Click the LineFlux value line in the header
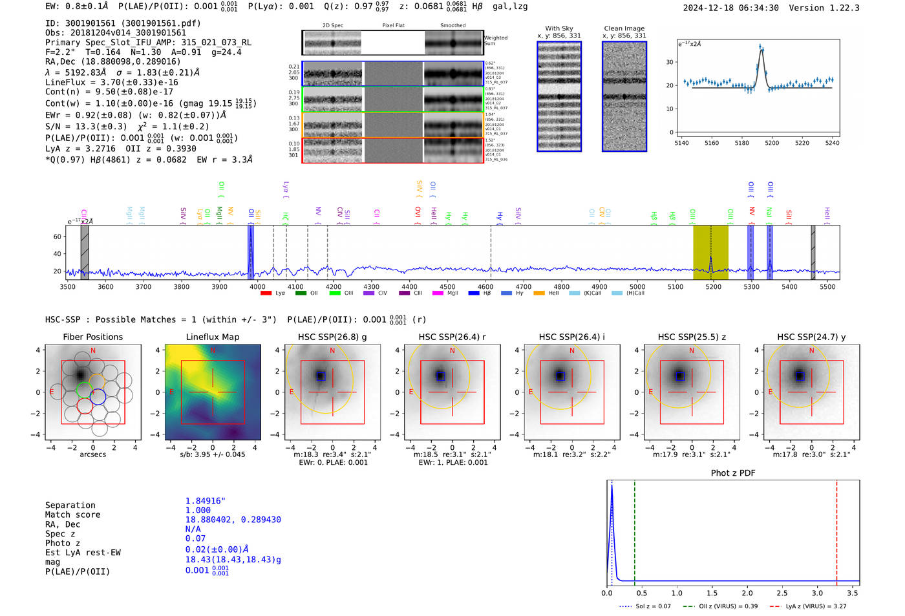[x=112, y=82]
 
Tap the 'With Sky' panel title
[x=559, y=28]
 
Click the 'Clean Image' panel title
[x=624, y=28]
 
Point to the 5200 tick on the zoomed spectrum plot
[x=772, y=143]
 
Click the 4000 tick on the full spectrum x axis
[x=257, y=286]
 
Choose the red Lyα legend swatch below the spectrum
[x=266, y=293]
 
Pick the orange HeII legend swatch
[x=539, y=293]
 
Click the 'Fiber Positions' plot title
[x=92, y=337]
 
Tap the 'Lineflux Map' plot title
[x=213, y=337]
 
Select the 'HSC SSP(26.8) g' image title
[x=332, y=337]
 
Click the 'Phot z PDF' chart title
[x=733, y=473]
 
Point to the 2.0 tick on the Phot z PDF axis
[x=747, y=593]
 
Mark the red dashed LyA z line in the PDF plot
[x=836, y=530]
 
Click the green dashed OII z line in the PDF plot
[x=635, y=530]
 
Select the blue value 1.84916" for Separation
[x=206, y=501]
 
